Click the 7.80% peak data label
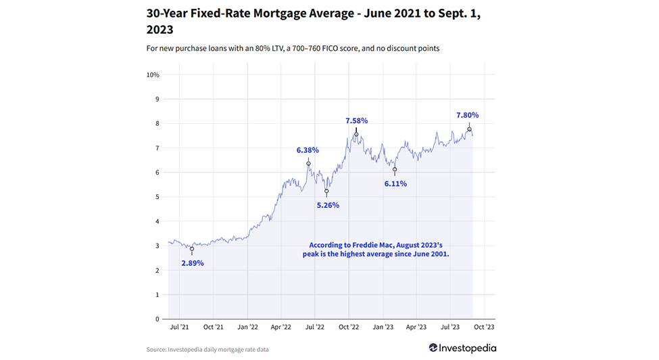click(468, 115)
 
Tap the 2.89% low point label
click(192, 263)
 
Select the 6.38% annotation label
click(308, 150)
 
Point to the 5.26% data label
click(327, 205)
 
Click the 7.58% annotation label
click(356, 120)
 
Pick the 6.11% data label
click(395, 183)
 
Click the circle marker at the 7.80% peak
click(469, 129)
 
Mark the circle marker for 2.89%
click(192, 249)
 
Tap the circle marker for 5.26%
click(326, 192)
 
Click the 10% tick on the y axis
click(153, 74)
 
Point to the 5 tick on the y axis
click(157, 197)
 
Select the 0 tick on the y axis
click(157, 319)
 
